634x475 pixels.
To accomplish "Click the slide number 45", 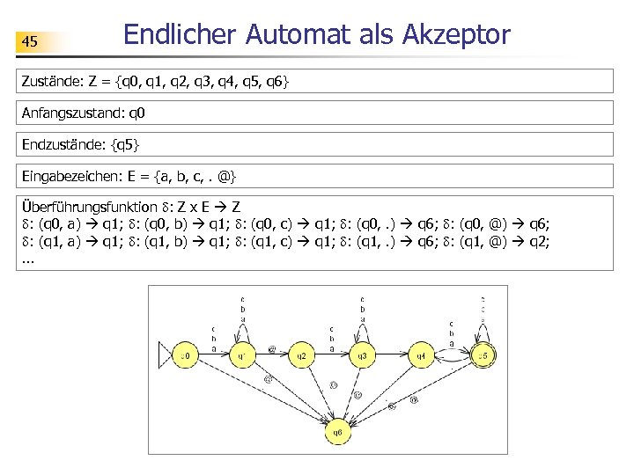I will click(30, 41).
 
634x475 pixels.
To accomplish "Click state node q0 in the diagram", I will click(184, 356).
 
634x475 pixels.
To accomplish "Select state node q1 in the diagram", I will click(243, 356).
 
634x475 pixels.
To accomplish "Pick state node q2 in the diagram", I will click(301, 356).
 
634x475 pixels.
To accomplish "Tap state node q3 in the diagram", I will click(361, 356).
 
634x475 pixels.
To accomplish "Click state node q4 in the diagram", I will click(421, 356).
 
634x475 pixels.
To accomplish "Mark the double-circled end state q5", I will click(481, 355).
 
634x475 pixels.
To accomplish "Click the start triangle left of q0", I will click(163, 356).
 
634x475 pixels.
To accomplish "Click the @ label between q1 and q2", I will click(272, 349).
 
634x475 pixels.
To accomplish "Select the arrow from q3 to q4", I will click(391, 356).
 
